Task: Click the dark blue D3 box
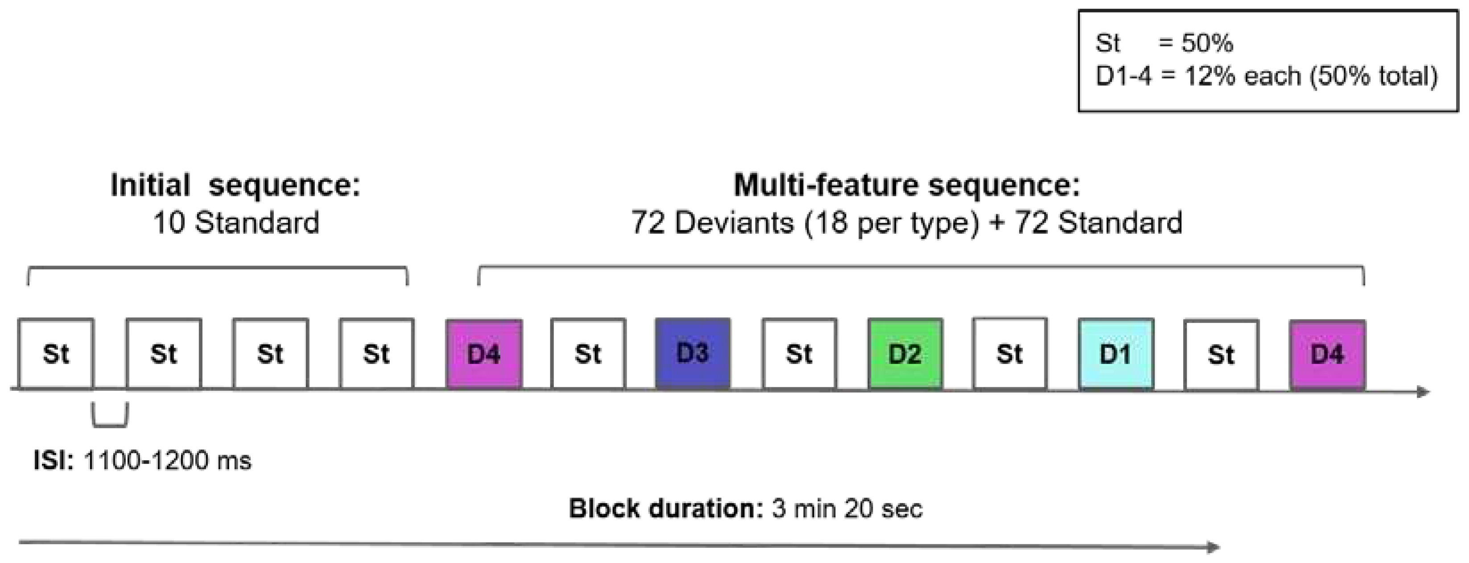pos(692,354)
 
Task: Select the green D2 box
pos(905,354)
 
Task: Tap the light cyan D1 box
pos(1115,354)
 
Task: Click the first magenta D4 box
pos(483,354)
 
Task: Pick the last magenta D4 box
pos(1327,354)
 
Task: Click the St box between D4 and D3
pos(588,354)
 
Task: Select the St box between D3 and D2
pos(799,354)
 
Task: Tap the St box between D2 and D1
pos(1009,354)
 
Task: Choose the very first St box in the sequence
pos(56,354)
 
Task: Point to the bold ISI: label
pos(54,460)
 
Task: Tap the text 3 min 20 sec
pos(847,508)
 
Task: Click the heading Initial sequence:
pos(235,186)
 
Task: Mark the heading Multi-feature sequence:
pos(907,186)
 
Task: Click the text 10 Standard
pos(235,223)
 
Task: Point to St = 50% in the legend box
pos(1164,43)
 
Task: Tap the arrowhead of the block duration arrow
pos(1213,547)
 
